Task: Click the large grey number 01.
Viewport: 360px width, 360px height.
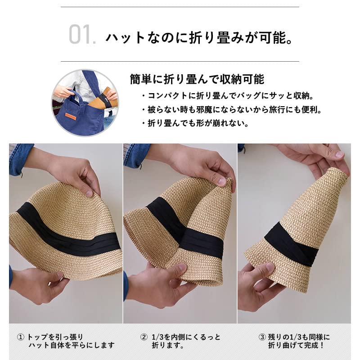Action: [x=82, y=35]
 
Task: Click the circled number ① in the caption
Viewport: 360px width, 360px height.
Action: [x=21, y=337]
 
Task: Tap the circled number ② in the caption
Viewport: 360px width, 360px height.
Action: [x=144, y=337]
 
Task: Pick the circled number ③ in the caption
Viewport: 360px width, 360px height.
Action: [x=261, y=337]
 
